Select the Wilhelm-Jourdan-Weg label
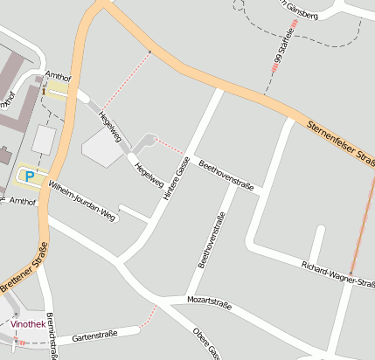82,200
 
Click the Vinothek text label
28,323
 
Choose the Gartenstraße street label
94,335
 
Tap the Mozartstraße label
209,303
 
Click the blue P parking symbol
29,177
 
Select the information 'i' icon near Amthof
42,90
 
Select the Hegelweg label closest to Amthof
110,127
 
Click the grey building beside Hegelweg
103,149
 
